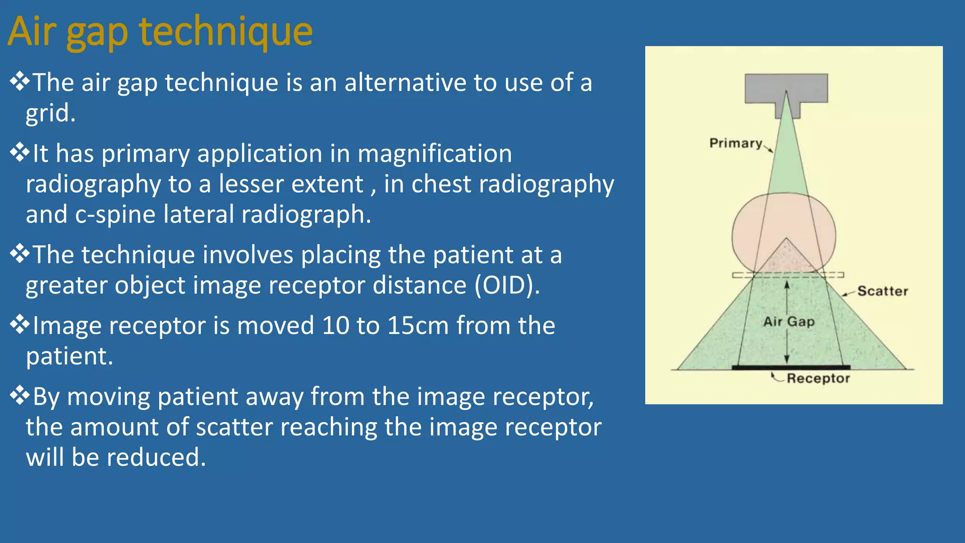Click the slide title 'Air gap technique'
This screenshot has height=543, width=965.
click(160, 32)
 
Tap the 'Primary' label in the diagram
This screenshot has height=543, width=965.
click(736, 143)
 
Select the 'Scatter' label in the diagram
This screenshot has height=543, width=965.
click(882, 291)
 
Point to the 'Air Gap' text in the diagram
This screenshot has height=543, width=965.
click(789, 322)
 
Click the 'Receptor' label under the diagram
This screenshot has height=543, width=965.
click(818, 378)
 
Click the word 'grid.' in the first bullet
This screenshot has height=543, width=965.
click(50, 113)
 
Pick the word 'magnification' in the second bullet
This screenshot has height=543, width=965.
click(434, 154)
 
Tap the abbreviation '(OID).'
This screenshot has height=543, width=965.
click(507, 286)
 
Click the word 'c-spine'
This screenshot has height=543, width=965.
click(115, 214)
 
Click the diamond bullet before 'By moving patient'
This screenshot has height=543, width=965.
click(19, 395)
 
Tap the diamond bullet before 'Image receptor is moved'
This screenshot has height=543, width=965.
click(19, 324)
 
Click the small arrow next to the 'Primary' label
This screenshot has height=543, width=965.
click(768, 149)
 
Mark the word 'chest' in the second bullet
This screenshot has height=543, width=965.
click(441, 184)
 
